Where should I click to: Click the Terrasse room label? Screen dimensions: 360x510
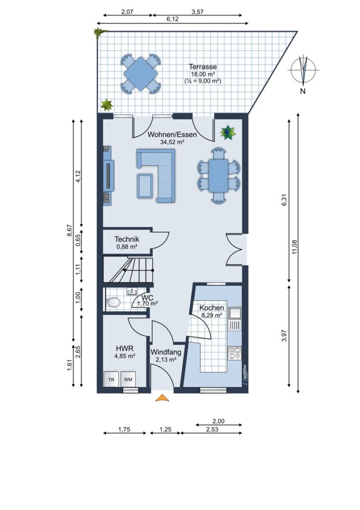click(203, 67)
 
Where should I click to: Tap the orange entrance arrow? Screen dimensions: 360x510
click(162, 398)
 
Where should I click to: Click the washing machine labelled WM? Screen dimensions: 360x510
click(128, 379)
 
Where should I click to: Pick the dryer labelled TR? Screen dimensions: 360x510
click(111, 379)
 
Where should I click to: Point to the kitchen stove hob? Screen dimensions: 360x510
click(234, 353)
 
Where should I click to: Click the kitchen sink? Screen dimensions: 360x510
click(234, 313)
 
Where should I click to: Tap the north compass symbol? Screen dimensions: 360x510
click(303, 69)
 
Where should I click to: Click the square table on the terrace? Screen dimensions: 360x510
click(140, 74)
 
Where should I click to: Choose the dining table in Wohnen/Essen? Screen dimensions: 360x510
click(218, 176)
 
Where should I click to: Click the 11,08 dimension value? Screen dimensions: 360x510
click(294, 246)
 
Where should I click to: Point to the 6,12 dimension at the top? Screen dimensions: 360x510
click(173, 19)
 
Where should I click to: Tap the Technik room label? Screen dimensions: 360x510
click(127, 239)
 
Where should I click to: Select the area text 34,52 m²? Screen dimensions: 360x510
click(173, 142)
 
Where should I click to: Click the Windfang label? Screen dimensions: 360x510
click(166, 352)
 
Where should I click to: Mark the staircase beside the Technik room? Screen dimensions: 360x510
click(128, 270)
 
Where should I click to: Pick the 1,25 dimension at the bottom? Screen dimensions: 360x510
click(166, 429)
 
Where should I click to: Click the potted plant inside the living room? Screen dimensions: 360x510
click(229, 133)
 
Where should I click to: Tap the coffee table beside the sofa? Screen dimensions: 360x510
click(145, 186)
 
